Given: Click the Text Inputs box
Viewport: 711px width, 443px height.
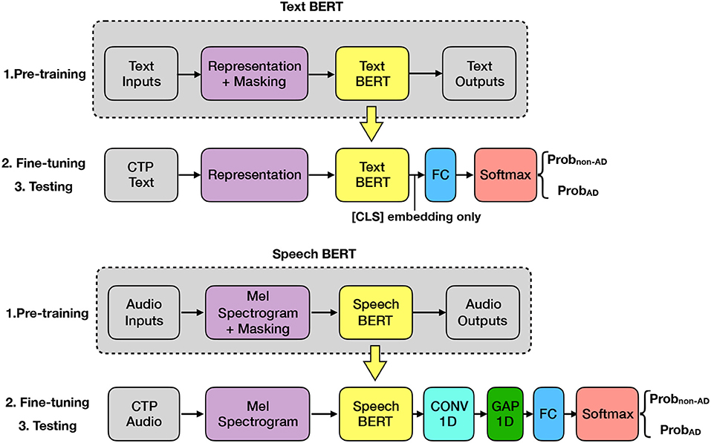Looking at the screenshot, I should (x=141, y=73).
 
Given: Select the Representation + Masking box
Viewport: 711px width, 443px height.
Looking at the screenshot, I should (x=255, y=73).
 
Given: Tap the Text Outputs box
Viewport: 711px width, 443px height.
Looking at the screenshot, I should (x=478, y=73).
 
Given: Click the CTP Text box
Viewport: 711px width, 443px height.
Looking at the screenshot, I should (x=141, y=176).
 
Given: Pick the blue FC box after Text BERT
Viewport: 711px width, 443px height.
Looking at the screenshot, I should (x=441, y=176).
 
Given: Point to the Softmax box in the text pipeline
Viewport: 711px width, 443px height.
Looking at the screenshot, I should (x=505, y=176).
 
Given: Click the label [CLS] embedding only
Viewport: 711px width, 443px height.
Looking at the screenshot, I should (x=411, y=216).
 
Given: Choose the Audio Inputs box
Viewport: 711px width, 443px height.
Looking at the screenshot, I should (x=144, y=312).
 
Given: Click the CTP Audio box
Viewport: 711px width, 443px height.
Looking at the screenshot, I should (x=144, y=415).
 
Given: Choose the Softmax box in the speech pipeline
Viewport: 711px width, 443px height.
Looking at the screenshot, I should (x=606, y=415).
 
